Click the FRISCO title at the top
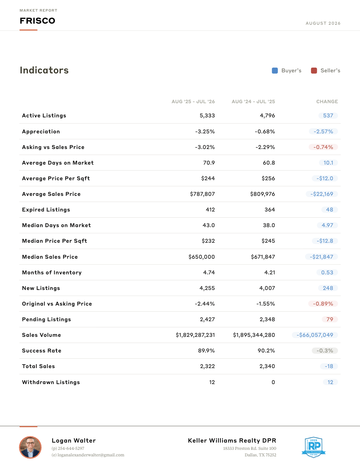tap(37, 21)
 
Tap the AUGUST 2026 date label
tap(323, 23)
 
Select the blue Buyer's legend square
tap(275, 70)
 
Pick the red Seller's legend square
tap(314, 70)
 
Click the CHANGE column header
tap(327, 102)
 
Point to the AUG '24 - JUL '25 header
tap(253, 102)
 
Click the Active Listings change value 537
tap(328, 116)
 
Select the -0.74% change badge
tap(323, 147)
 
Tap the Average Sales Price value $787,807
tap(202, 194)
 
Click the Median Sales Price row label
tap(50, 257)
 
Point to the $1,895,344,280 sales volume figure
tap(254, 335)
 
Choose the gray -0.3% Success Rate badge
tap(325, 351)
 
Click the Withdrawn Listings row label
tap(51, 382)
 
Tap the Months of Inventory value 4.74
tap(209, 273)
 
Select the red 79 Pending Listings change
tap(330, 319)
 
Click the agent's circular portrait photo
tap(31, 447)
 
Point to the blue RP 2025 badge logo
tap(314, 447)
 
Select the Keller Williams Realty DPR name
tap(232, 441)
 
